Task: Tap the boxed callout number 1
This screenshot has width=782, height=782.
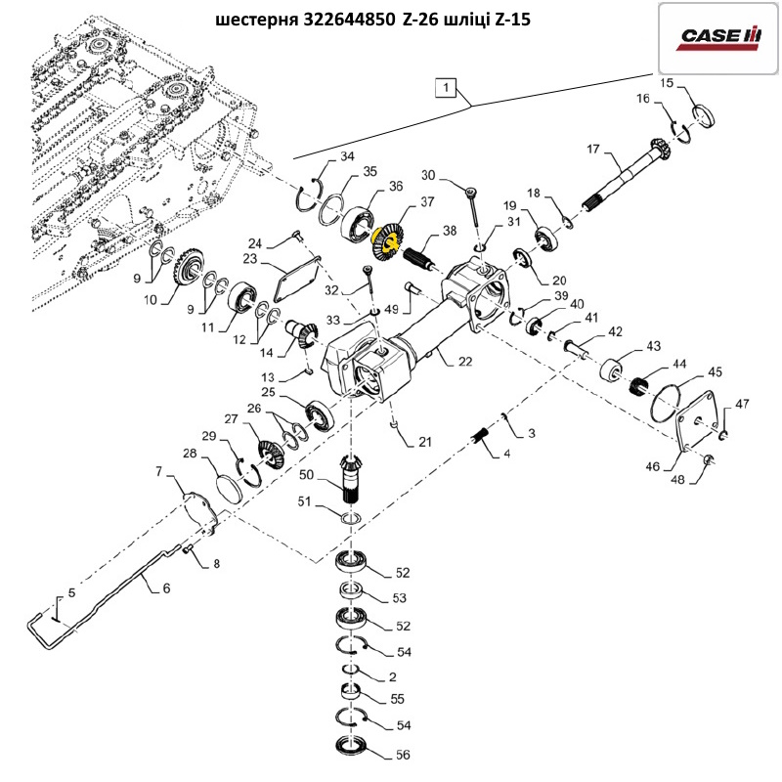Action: click(x=446, y=88)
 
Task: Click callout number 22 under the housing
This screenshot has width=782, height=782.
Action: click(x=465, y=362)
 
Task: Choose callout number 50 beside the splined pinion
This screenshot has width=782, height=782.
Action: click(x=306, y=475)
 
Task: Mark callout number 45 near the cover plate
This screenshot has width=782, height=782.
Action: click(x=716, y=371)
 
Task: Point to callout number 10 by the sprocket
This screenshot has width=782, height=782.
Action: click(x=149, y=300)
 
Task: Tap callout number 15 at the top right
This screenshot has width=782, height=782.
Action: click(x=667, y=84)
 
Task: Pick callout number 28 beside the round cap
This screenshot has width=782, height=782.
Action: click(x=189, y=455)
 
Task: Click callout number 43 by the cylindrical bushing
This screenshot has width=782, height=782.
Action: click(x=653, y=347)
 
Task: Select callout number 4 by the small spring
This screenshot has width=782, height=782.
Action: click(x=506, y=455)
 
